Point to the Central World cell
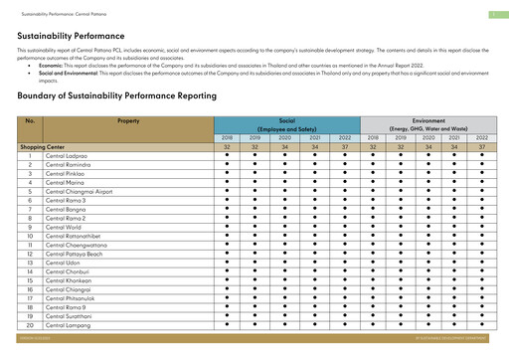[64, 227]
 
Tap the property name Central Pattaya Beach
[73, 254]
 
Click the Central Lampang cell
[67, 325]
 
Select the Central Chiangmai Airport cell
[79, 191]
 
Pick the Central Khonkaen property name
[68, 280]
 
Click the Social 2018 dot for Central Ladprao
[227, 155]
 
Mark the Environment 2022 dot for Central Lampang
[481, 325]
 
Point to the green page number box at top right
[492, 14]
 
